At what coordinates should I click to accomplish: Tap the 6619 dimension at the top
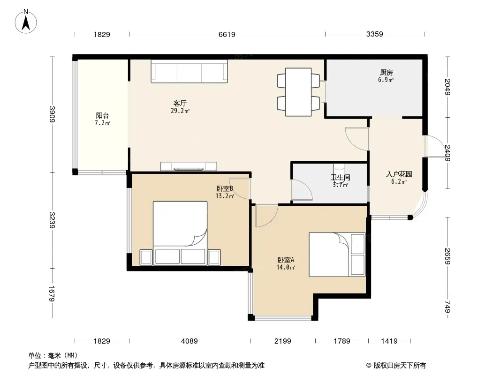(x=227, y=34)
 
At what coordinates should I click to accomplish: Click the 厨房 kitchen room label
(x=386, y=73)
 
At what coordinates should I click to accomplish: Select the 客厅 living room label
(x=180, y=103)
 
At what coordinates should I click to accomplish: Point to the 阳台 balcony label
(x=102, y=115)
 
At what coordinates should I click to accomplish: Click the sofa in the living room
(x=189, y=71)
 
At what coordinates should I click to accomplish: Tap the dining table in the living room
(x=298, y=92)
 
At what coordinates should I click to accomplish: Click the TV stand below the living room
(x=189, y=166)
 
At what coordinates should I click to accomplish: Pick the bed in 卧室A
(x=337, y=254)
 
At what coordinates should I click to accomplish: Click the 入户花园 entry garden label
(x=399, y=174)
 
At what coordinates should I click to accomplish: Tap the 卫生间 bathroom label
(x=340, y=178)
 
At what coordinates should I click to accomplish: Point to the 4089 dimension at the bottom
(x=189, y=341)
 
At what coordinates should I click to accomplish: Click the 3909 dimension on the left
(x=52, y=114)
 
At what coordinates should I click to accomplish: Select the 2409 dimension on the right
(x=447, y=153)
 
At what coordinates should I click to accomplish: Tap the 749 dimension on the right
(x=447, y=307)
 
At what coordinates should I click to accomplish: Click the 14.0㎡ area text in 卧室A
(x=286, y=268)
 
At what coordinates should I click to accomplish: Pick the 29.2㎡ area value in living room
(x=180, y=111)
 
